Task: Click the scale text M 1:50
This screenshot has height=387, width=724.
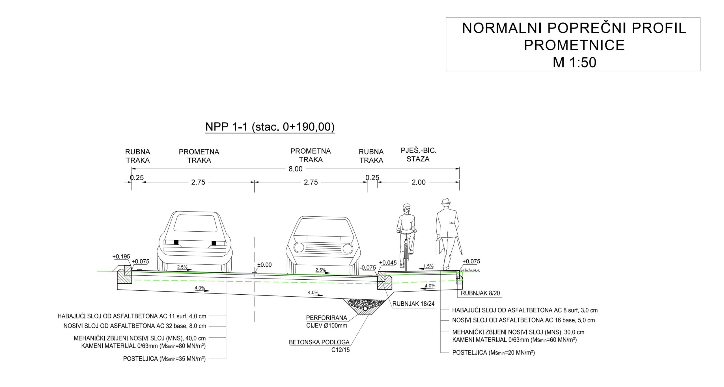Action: point(574,62)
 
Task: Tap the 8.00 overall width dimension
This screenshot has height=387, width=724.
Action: point(295,169)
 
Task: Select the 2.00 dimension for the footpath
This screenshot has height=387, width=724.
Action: point(419,182)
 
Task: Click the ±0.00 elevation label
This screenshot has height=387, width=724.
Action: point(264,265)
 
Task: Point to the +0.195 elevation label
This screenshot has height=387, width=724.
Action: point(121,256)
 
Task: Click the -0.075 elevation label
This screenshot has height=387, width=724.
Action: point(368,268)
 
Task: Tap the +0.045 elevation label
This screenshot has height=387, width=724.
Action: point(388,263)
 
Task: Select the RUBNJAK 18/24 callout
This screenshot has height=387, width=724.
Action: point(413,304)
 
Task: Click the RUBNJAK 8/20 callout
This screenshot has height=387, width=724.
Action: point(480,293)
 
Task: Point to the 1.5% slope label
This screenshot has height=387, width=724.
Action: point(428,266)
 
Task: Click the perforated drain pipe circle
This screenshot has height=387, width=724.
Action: point(365,309)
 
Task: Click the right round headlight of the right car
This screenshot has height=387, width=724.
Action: point(348,248)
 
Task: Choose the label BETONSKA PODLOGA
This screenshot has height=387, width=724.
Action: point(319,342)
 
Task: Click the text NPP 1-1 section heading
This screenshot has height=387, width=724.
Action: point(270,127)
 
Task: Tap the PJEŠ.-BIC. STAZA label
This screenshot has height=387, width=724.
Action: point(418,155)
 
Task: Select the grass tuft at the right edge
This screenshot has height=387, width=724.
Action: point(470,270)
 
